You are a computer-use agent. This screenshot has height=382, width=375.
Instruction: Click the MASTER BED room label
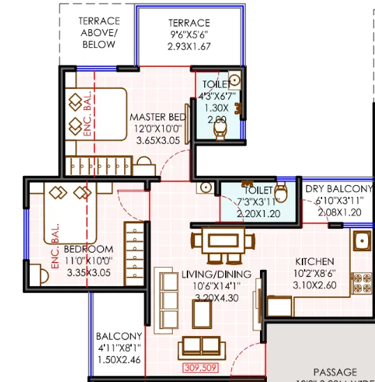[158, 117]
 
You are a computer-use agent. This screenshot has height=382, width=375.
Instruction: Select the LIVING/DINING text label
[216, 274]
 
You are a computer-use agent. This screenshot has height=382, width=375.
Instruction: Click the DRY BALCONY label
[339, 189]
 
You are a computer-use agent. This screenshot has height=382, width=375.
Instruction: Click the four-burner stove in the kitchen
[362, 281]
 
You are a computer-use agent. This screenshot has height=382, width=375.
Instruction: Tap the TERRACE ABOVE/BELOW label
[99, 33]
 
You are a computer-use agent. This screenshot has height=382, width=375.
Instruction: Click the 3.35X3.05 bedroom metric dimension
[89, 273]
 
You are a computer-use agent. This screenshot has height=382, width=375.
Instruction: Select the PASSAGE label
[335, 372]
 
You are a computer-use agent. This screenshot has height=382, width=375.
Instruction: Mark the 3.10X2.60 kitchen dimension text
[316, 285]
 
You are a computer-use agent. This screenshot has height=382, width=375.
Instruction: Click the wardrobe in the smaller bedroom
[135, 252]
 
